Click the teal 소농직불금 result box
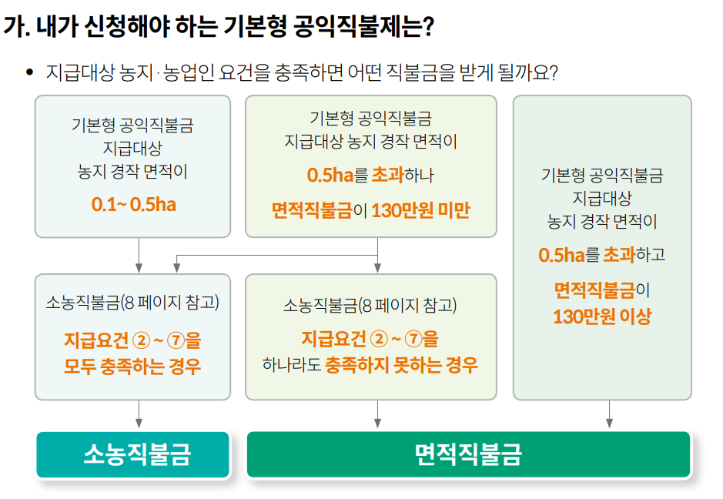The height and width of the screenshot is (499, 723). pyautogui.click(x=133, y=454)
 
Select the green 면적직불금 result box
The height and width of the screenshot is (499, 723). pyautogui.click(x=467, y=454)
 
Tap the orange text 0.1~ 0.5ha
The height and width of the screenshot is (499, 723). pyautogui.click(x=133, y=205)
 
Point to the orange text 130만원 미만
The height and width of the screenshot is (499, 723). pyautogui.click(x=420, y=210)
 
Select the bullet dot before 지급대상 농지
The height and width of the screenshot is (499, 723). pyautogui.click(x=30, y=72)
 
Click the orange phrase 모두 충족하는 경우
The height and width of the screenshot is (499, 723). pyautogui.click(x=132, y=366)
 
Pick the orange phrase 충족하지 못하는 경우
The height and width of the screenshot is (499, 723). pyautogui.click(x=401, y=364)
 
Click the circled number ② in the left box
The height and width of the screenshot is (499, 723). pyautogui.click(x=140, y=340)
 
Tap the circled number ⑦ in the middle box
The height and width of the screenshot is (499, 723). pyautogui.click(x=414, y=339)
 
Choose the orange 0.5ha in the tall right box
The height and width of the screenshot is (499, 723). pyautogui.click(x=561, y=255)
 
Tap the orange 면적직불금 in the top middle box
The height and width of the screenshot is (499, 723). pyautogui.click(x=312, y=210)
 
